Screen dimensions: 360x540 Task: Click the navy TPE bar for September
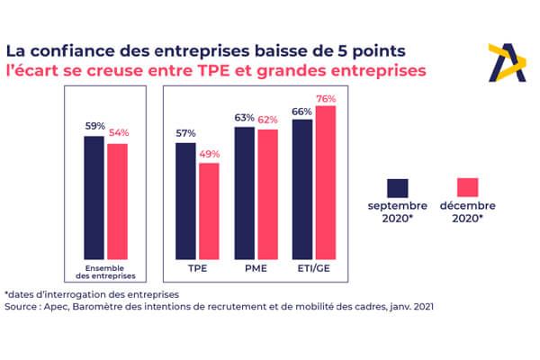click(x=185, y=200)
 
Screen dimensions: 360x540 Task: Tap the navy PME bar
click(x=244, y=192)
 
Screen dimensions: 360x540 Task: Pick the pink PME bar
click(x=267, y=193)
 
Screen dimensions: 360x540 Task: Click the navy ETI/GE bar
click(x=302, y=188)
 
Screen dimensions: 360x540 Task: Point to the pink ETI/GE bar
click(x=326, y=182)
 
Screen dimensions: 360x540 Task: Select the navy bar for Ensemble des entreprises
click(x=94, y=197)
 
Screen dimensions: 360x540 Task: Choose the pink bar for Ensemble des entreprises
click(x=117, y=201)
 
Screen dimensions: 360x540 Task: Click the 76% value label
click(x=326, y=99)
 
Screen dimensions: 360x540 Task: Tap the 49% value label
click(x=209, y=155)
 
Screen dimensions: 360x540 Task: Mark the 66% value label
click(x=302, y=112)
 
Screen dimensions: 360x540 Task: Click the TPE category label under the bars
click(x=197, y=268)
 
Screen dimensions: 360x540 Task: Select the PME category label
click(x=256, y=268)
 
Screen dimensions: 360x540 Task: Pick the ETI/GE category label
click(x=314, y=268)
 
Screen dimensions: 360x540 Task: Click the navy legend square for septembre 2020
click(x=398, y=187)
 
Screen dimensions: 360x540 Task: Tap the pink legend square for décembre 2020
click(x=467, y=187)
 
